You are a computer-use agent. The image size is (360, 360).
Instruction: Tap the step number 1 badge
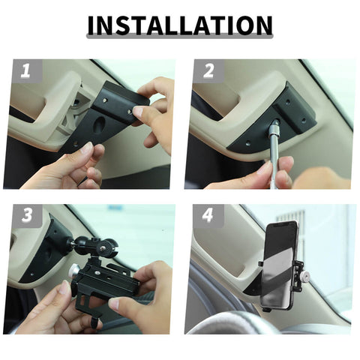[x=25, y=71]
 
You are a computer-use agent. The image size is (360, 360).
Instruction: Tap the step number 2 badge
[x=208, y=71]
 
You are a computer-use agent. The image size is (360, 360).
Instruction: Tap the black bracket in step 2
[x=289, y=112]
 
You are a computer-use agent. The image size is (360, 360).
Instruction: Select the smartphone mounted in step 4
[x=279, y=262]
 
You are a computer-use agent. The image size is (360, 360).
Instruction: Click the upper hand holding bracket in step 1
[x=154, y=105]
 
